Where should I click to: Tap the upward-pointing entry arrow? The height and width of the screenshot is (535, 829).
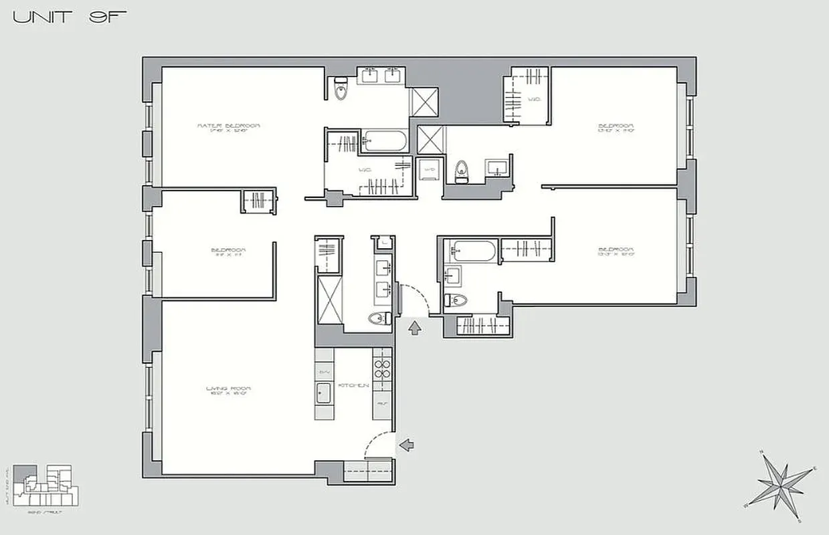(415, 326)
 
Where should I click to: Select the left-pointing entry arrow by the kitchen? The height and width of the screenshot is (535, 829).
(406, 443)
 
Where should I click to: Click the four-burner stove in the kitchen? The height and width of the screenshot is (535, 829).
(381, 370)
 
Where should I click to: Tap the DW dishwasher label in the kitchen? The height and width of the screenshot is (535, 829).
(325, 372)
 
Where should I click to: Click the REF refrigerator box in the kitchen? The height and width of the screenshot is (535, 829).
(381, 405)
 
